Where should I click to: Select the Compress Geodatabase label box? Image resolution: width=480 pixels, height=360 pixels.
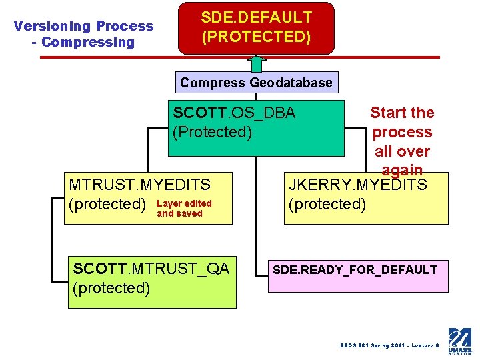coord(256,83)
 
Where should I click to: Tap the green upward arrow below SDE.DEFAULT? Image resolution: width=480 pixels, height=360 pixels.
coord(256,64)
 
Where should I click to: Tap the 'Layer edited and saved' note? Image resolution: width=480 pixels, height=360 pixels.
coord(184,209)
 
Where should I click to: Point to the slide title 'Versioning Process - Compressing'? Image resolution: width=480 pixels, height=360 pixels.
coord(83,34)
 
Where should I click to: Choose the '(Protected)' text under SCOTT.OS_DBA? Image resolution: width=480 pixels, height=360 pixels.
coord(212,132)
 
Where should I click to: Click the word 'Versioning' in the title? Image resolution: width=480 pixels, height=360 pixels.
coord(52,26)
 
